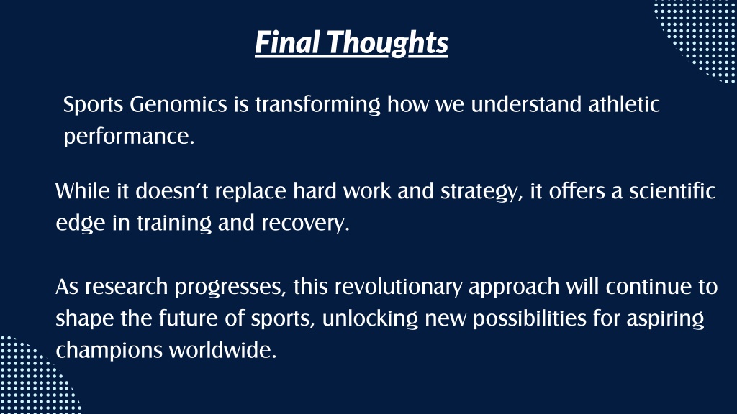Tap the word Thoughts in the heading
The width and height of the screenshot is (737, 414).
(x=388, y=43)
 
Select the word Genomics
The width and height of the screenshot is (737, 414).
(x=178, y=104)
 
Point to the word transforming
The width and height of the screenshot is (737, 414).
(x=317, y=105)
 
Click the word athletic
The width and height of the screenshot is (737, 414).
(x=624, y=103)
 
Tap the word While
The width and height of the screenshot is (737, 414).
(x=83, y=191)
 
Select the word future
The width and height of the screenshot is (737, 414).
(x=188, y=318)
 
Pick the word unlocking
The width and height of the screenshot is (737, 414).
(x=370, y=319)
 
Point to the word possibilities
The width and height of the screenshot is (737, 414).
(x=530, y=319)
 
